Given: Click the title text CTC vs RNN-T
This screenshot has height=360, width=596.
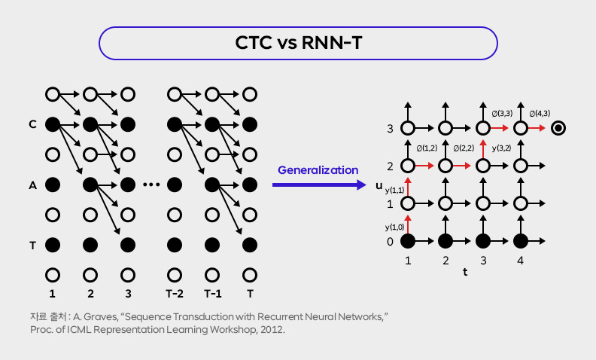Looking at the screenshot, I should (x=299, y=43).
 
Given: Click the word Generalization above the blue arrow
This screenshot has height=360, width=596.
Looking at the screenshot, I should (x=318, y=169).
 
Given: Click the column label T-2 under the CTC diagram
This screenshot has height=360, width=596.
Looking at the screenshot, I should (x=175, y=293).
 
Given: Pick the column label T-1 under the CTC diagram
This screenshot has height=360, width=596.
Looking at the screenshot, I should (x=212, y=293).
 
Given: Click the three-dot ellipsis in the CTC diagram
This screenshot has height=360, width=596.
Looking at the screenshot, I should (x=151, y=185).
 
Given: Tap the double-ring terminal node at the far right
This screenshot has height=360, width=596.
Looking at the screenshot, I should (x=558, y=128).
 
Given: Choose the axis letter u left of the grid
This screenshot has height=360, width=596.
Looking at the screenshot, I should (x=380, y=185).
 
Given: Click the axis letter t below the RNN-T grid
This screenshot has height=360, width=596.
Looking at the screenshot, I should (x=465, y=273).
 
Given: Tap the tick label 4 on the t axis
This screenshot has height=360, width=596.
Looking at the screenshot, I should (x=520, y=261).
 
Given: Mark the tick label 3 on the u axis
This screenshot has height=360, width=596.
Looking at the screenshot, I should (x=389, y=129).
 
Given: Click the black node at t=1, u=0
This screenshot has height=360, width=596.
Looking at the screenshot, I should (x=408, y=241).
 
